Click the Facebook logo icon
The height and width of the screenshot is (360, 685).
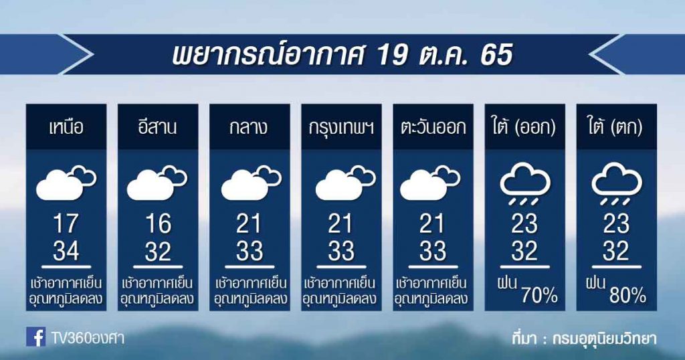point(36,337)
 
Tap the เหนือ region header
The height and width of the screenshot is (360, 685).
point(66,127)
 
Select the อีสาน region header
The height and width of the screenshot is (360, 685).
point(158,126)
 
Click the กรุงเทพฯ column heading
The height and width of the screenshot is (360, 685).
point(341,128)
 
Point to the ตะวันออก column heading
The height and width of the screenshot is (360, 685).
point(433,127)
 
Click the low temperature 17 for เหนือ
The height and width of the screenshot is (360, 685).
point(66,224)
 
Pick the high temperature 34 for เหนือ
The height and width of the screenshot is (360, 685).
point(66,251)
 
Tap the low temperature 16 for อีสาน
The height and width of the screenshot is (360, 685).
point(158,224)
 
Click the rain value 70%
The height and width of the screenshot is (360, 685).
point(539,296)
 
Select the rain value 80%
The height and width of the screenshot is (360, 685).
point(627,296)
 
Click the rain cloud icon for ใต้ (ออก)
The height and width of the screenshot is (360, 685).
point(524,183)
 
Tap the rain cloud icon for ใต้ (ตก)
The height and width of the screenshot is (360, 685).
point(616,183)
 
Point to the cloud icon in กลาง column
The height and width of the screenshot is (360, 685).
point(252,183)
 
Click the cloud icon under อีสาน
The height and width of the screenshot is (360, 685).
point(157,183)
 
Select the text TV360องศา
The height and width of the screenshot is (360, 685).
point(88,338)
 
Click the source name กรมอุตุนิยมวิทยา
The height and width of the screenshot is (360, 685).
point(604,339)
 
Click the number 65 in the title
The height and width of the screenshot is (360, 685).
point(496,56)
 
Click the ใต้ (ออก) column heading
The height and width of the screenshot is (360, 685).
point(524,127)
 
